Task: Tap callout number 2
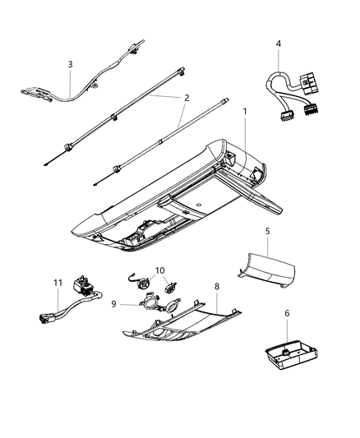pyautogui.click(x=186, y=98)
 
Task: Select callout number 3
pyautogui.click(x=70, y=64)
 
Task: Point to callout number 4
pyautogui.click(x=279, y=43)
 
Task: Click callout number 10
pyautogui.click(x=159, y=270)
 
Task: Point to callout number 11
pyautogui.click(x=58, y=284)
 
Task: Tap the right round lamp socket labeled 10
pyautogui.click(x=171, y=287)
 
